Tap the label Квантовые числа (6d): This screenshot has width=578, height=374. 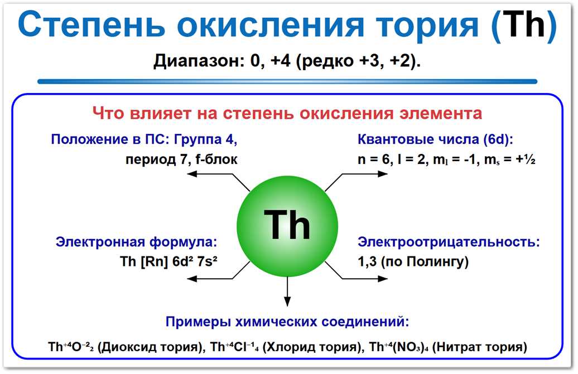click(435, 139)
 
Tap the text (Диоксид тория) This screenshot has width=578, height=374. click(150, 347)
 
